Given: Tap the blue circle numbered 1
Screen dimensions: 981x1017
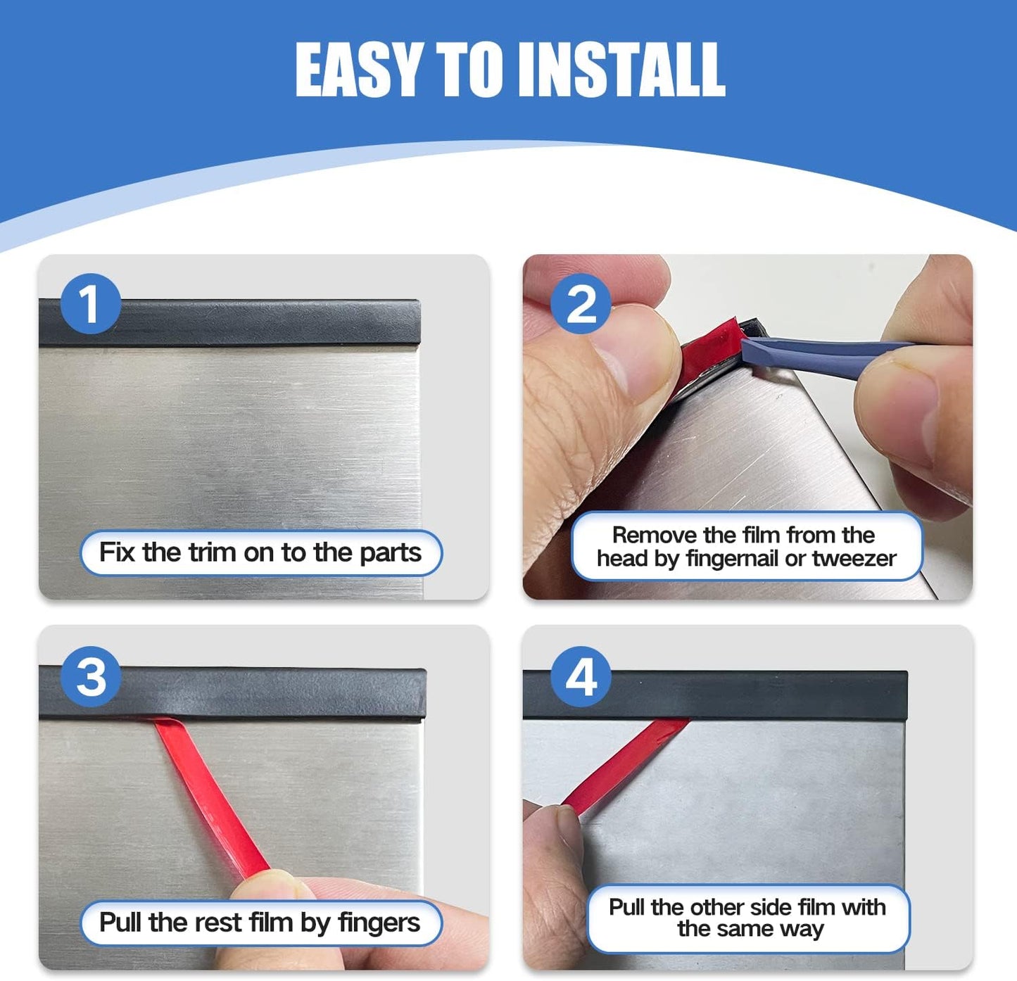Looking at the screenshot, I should tap(90, 304).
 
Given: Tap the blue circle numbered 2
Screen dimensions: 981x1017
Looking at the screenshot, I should tap(581, 304).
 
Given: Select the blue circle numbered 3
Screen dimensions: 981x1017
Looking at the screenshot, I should tap(91, 676).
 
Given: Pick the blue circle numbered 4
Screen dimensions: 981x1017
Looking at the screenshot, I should tap(581, 676).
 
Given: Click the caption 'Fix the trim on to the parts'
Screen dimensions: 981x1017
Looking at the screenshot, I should tap(260, 552).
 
